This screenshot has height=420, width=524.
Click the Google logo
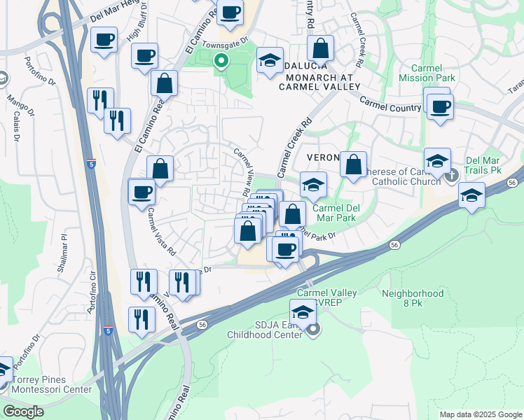point(23,412)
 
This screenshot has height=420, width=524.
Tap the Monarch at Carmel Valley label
point(319,81)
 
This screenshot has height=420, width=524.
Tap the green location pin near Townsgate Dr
point(221,62)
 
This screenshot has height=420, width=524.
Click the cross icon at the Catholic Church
point(452,174)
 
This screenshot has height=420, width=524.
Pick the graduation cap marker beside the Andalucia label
point(268,61)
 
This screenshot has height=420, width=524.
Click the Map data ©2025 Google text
point(480,414)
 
